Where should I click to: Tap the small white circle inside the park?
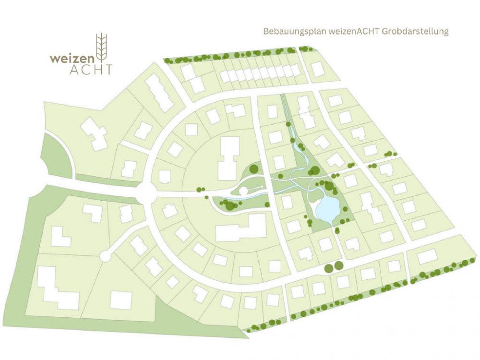pyautogui.click(x=243, y=192)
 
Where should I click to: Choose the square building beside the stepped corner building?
pyautogui.click(x=120, y=300)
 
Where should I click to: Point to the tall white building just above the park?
pyautogui.click(x=228, y=158)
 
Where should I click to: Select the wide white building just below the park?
pyautogui.click(x=241, y=228)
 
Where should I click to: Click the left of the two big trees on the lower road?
pyautogui.click(x=329, y=267)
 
